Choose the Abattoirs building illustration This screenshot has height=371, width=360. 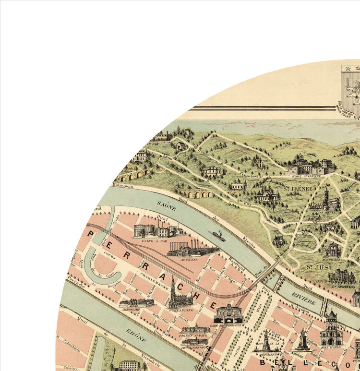[137, 303]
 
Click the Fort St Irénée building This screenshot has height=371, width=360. [312, 167]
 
